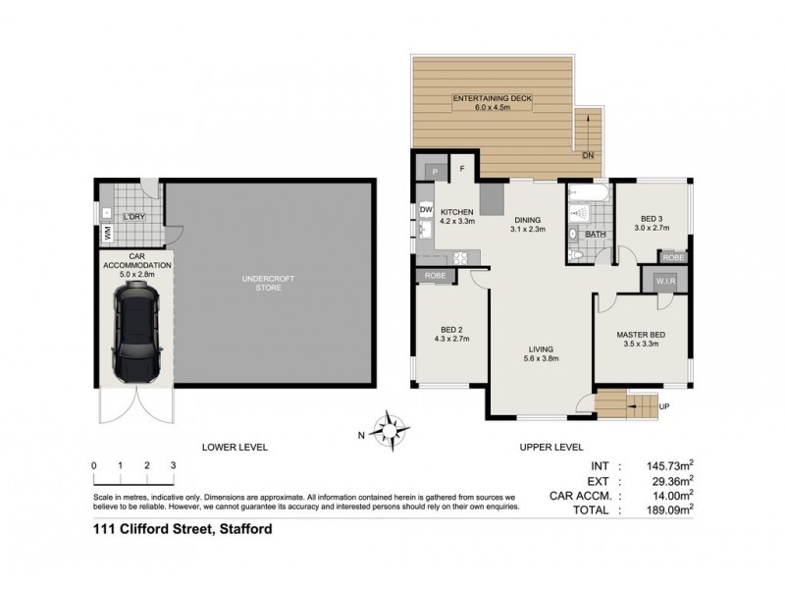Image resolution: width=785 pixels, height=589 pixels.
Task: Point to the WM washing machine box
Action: (106, 233)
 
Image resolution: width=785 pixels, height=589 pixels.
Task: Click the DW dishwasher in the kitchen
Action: (426, 210)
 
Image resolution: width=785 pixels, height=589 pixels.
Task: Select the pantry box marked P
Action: (435, 171)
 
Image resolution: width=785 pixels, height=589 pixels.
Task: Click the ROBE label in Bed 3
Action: (672, 256)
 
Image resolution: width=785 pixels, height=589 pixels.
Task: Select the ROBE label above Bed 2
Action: (435, 277)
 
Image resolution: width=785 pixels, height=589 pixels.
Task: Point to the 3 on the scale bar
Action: (173, 464)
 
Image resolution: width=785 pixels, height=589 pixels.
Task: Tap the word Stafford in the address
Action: (240, 530)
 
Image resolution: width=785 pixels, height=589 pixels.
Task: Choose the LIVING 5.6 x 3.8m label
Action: (538, 353)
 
